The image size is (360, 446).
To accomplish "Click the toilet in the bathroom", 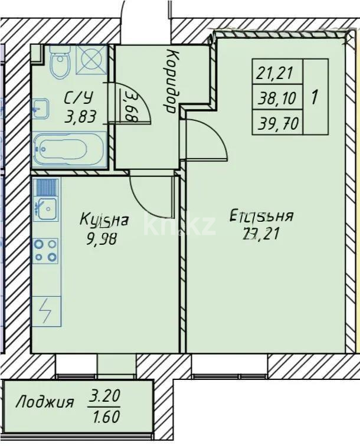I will pos(60,63).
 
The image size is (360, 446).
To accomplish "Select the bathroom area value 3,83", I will pos(80,116).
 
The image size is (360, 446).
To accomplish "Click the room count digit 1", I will pos(314,97).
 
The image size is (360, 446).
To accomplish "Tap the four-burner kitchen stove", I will pos(45,250).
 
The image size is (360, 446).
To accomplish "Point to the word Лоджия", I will pos(45,404).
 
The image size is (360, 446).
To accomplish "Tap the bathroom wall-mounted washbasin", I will pos(40,109).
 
